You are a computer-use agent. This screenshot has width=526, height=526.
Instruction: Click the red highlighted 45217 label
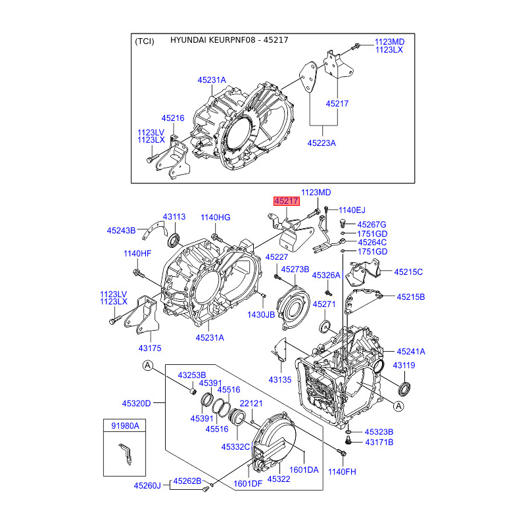click(287, 201)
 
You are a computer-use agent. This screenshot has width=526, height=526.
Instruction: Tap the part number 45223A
click(322, 143)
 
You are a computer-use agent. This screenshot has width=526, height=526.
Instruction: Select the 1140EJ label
click(352, 210)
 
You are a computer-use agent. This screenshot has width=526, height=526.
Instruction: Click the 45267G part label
click(371, 224)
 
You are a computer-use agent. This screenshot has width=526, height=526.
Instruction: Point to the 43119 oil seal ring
click(404, 389)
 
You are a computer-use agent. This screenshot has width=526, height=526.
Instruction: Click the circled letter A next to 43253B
click(148, 366)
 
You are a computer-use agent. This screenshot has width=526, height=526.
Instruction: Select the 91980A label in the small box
click(125, 425)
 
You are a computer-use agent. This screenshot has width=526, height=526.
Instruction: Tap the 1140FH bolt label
click(342, 471)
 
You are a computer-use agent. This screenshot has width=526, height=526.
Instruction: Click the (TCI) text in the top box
click(145, 41)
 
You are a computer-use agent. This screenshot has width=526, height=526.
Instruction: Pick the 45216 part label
click(173, 118)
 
